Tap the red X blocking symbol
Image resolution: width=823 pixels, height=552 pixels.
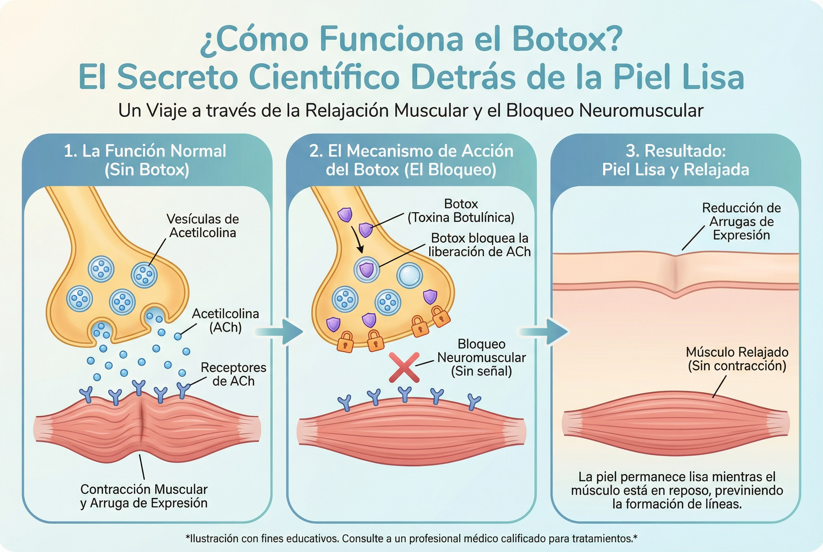click(404, 367)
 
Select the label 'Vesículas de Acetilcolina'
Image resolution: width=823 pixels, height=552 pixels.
click(202, 226)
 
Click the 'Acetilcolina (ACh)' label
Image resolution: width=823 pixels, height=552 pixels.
click(225, 320)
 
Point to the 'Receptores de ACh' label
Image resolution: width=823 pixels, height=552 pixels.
click(233, 374)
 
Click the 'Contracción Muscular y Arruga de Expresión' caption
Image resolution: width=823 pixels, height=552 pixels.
click(144, 496)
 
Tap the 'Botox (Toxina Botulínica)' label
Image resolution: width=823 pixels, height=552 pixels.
click(461, 211)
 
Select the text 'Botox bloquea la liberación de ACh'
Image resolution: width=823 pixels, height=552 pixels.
click(479, 245)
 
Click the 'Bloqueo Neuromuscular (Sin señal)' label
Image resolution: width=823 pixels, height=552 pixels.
click(481, 357)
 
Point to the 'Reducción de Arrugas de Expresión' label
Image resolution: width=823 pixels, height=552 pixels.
click(741, 221)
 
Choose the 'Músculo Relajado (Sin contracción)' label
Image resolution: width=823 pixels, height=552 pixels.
click(737, 359)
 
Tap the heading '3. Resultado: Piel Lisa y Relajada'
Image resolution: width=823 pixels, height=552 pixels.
click(676, 160)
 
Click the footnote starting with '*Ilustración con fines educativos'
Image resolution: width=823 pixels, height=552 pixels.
click(411, 538)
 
